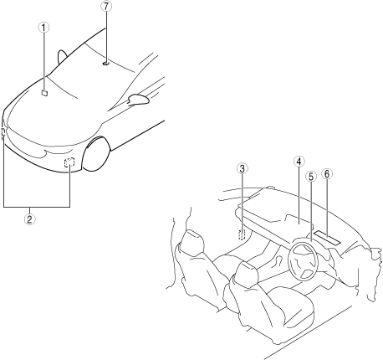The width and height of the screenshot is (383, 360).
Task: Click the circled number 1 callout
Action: (43, 28)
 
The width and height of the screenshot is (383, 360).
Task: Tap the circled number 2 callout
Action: (29, 219)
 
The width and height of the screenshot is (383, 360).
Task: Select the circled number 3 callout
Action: (242, 168)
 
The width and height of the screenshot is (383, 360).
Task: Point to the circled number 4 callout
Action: (299, 162)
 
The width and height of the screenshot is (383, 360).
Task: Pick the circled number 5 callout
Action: (311, 177)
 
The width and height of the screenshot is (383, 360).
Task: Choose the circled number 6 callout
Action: (327, 173)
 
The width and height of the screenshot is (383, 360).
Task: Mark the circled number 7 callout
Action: (105, 7)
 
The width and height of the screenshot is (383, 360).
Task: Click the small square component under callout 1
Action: (44, 93)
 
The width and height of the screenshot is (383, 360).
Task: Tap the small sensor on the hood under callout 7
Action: (106, 64)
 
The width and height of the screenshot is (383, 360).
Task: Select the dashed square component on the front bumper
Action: (69, 162)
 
